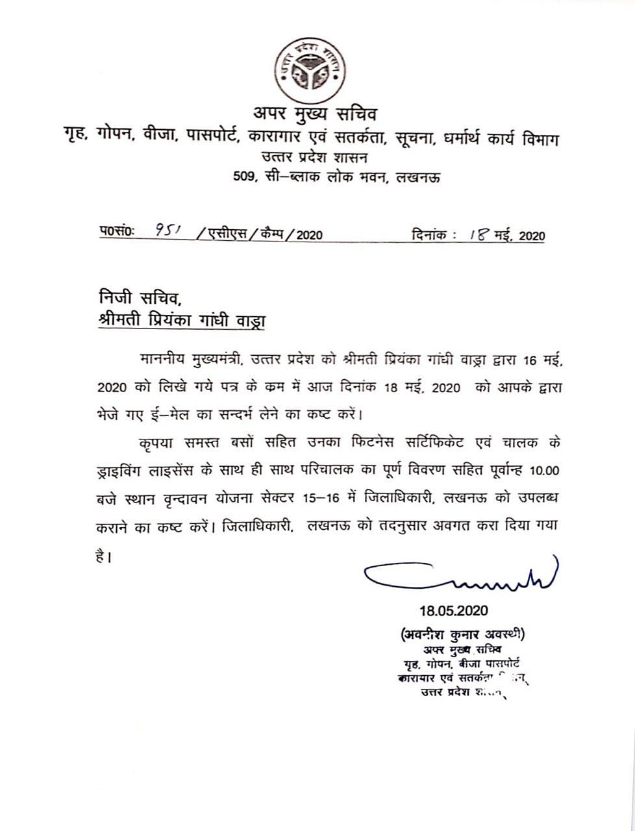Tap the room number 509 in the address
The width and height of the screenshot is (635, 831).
coord(244,175)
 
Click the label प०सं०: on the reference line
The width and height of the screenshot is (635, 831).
coord(117,233)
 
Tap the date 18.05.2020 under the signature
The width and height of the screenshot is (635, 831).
coord(453,611)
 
